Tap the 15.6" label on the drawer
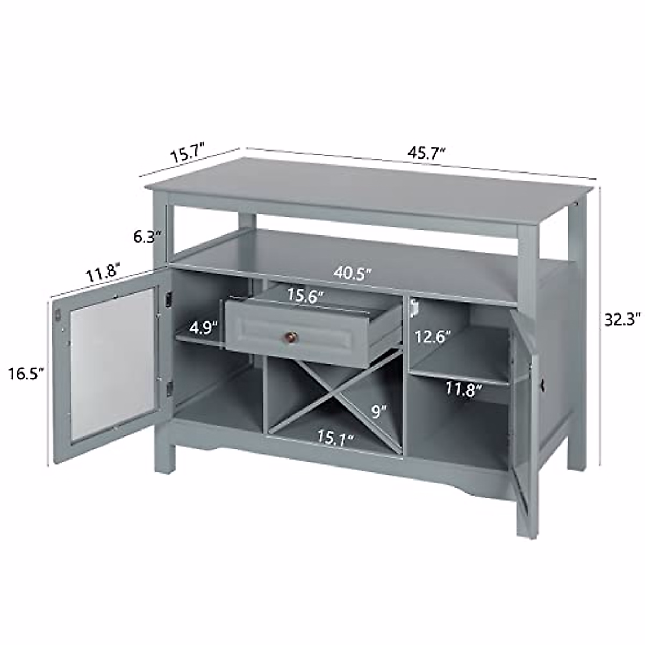pyautogui.click(x=305, y=296)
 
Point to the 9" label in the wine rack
pyautogui.click(x=379, y=412)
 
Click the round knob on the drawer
pyautogui.click(x=290, y=337)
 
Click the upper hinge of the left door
pyautogui.click(x=168, y=299)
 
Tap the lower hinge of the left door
pyautogui.click(x=170, y=386)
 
